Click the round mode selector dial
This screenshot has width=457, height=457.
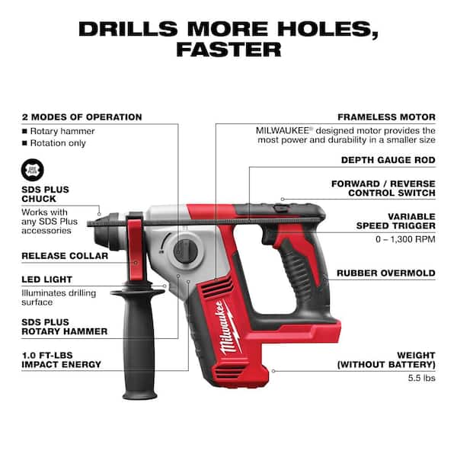coord(184,251)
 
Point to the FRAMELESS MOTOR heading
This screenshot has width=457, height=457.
coord(387,117)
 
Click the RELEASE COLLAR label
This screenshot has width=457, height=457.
coord(65,256)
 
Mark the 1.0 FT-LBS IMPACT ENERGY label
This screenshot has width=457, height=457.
coord(61,359)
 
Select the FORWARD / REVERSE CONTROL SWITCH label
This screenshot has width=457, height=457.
coord(382,189)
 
